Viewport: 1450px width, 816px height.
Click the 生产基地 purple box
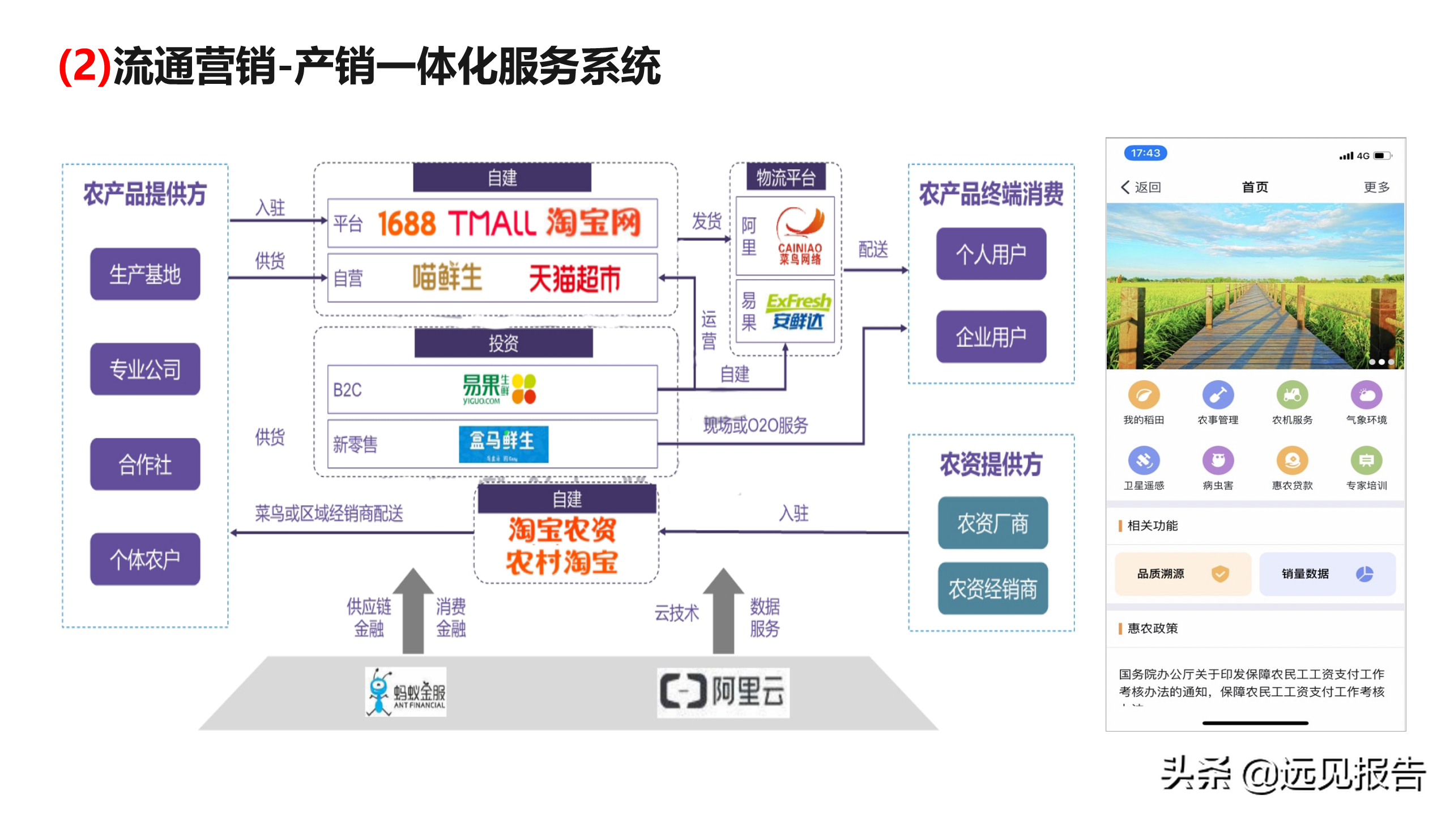click(x=145, y=274)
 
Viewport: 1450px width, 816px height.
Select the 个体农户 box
click(x=145, y=559)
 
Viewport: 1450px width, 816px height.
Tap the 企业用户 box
click(x=991, y=337)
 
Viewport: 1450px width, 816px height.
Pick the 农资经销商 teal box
click(x=992, y=589)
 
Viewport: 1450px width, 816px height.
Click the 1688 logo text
click(x=407, y=223)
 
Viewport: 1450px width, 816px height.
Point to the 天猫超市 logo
click(x=574, y=279)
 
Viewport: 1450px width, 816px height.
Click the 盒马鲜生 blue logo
click(x=503, y=444)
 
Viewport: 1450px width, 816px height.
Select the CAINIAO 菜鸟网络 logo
click(x=799, y=237)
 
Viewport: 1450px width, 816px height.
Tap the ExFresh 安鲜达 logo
click(x=798, y=311)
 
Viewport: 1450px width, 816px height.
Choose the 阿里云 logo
click(x=723, y=692)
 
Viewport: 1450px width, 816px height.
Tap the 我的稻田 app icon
click(x=1144, y=396)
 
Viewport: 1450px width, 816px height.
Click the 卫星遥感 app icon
click(x=1144, y=461)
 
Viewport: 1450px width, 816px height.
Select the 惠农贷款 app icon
click(x=1292, y=461)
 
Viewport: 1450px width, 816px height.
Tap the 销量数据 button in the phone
click(x=1327, y=574)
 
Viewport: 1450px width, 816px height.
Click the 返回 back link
click(x=1141, y=187)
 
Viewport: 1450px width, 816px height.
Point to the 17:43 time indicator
click(x=1145, y=153)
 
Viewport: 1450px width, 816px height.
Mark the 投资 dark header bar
click(x=504, y=343)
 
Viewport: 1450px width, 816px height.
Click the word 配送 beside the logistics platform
click(x=873, y=249)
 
